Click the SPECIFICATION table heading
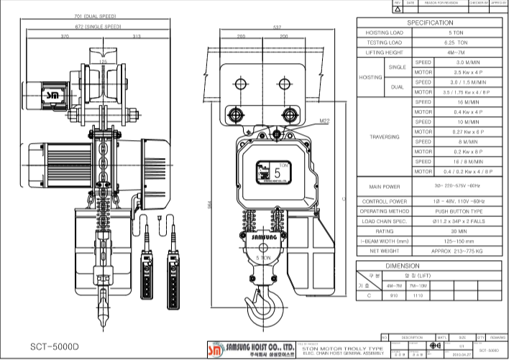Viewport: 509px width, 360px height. [429, 23]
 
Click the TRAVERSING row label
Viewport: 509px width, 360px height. [385, 137]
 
